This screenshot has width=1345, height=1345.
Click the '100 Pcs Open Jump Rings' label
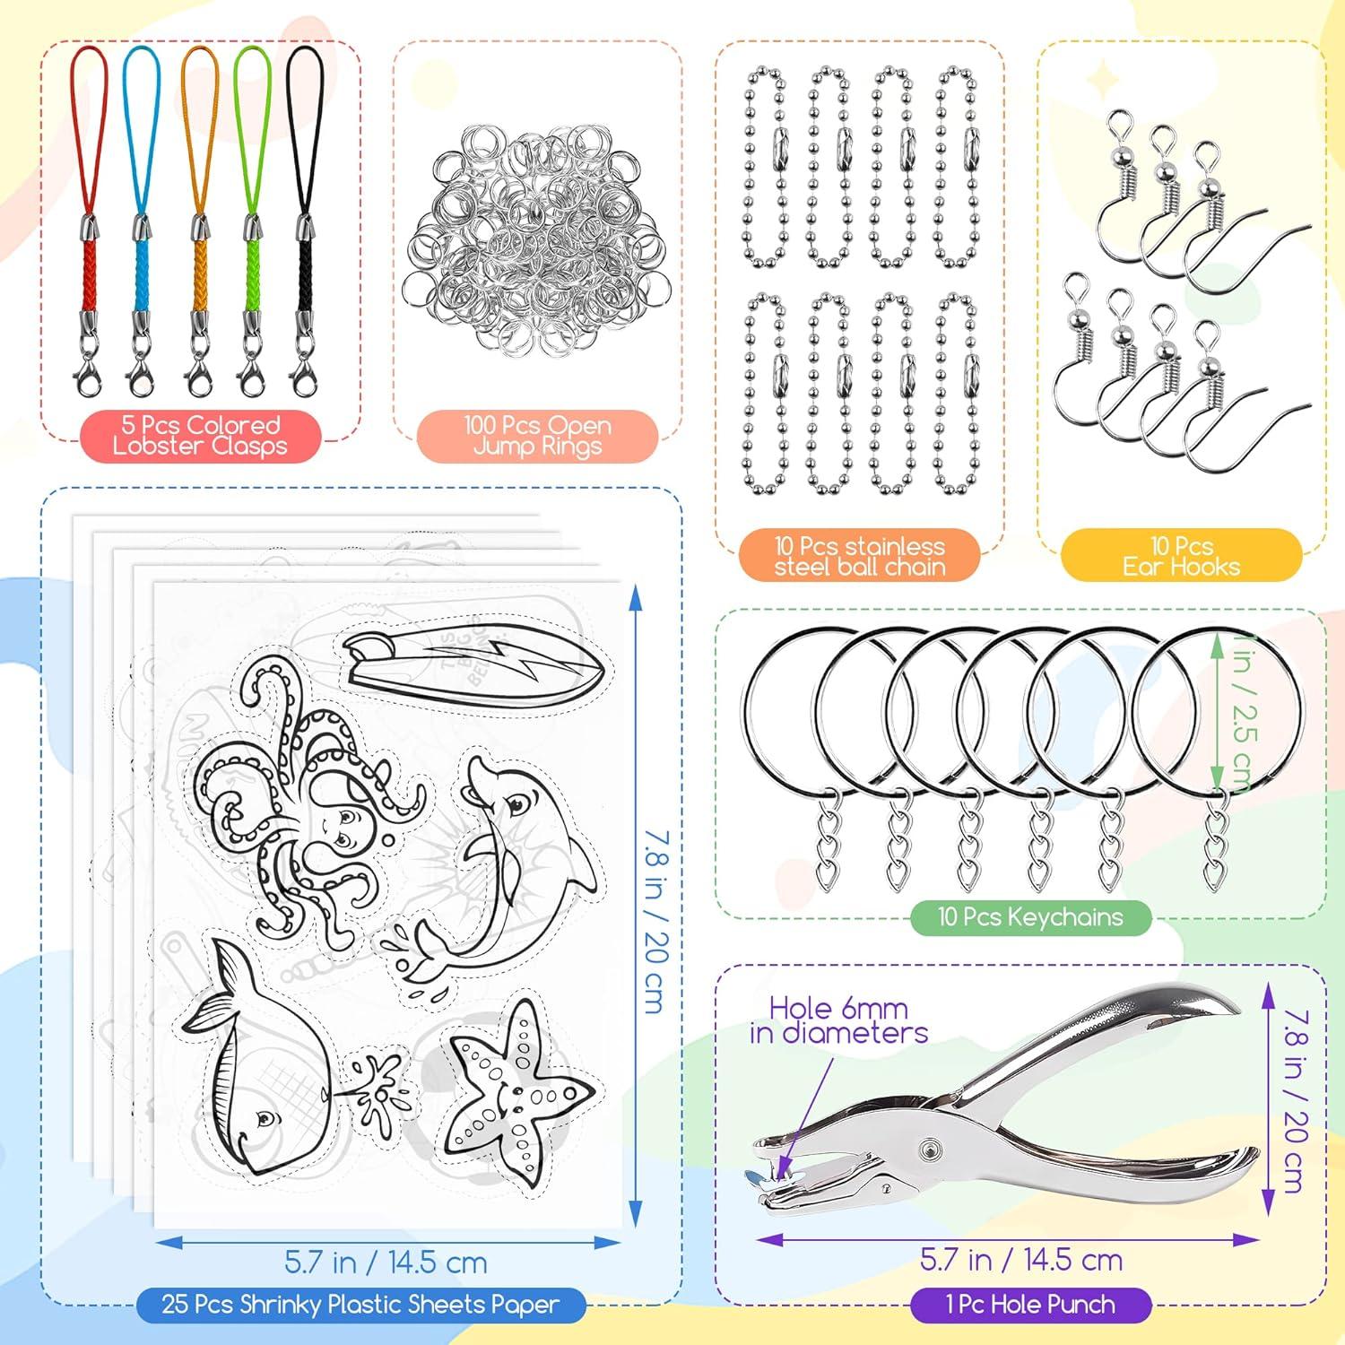click(x=537, y=436)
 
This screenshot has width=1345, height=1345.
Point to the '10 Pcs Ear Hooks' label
click(x=1181, y=556)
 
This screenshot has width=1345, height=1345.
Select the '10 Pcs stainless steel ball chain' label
click(x=859, y=556)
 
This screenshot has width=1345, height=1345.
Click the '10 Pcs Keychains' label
click(x=1030, y=916)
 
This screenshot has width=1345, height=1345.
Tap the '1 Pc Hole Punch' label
click(x=1030, y=1305)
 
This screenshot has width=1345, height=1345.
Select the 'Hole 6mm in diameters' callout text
click(x=838, y=1020)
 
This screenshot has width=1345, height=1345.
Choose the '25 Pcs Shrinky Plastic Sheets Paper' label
click(x=360, y=1305)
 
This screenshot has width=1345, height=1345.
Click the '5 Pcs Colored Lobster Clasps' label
click(x=200, y=436)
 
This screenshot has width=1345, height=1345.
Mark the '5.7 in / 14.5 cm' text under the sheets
click(x=386, y=1263)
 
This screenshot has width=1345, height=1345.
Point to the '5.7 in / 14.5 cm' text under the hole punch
click(x=1021, y=1260)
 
